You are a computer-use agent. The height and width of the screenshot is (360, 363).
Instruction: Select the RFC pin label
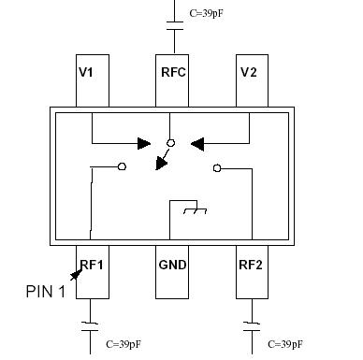[172, 73]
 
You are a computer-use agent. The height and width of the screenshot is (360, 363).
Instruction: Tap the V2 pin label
[249, 73]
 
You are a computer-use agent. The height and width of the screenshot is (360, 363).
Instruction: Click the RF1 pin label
[91, 265]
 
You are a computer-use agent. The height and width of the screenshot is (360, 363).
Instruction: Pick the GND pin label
[172, 265]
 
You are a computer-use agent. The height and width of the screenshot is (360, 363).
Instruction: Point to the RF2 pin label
[250, 265]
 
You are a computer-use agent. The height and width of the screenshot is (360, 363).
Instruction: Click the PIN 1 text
[45, 292]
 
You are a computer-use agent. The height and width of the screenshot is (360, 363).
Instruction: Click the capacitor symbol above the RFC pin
[172, 23]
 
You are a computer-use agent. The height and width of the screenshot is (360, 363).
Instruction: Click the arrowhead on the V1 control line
[143, 144]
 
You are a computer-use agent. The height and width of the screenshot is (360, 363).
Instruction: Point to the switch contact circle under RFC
[170, 144]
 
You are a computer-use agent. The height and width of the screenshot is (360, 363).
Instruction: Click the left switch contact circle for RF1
[123, 168]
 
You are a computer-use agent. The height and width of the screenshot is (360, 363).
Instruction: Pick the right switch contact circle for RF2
[217, 168]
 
